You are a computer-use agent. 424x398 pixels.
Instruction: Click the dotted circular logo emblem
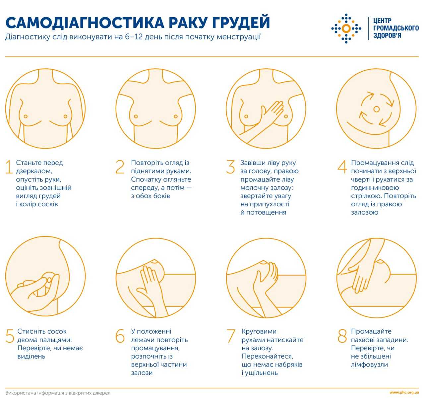[346, 29]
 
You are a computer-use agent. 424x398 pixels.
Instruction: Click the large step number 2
[120, 167]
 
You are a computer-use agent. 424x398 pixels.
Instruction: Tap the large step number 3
[230, 167]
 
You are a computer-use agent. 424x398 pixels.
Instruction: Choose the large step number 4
[342, 167]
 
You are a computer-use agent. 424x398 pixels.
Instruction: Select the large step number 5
[10, 336]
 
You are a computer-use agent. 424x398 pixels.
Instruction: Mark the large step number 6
[120, 336]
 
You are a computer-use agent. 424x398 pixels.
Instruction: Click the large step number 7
[231, 336]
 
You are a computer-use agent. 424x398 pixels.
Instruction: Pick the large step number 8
[342, 336]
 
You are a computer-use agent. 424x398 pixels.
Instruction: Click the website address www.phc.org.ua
[404, 393]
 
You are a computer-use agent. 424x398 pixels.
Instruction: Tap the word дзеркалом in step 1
[34, 171]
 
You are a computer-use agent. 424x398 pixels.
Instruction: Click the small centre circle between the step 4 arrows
[376, 109]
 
